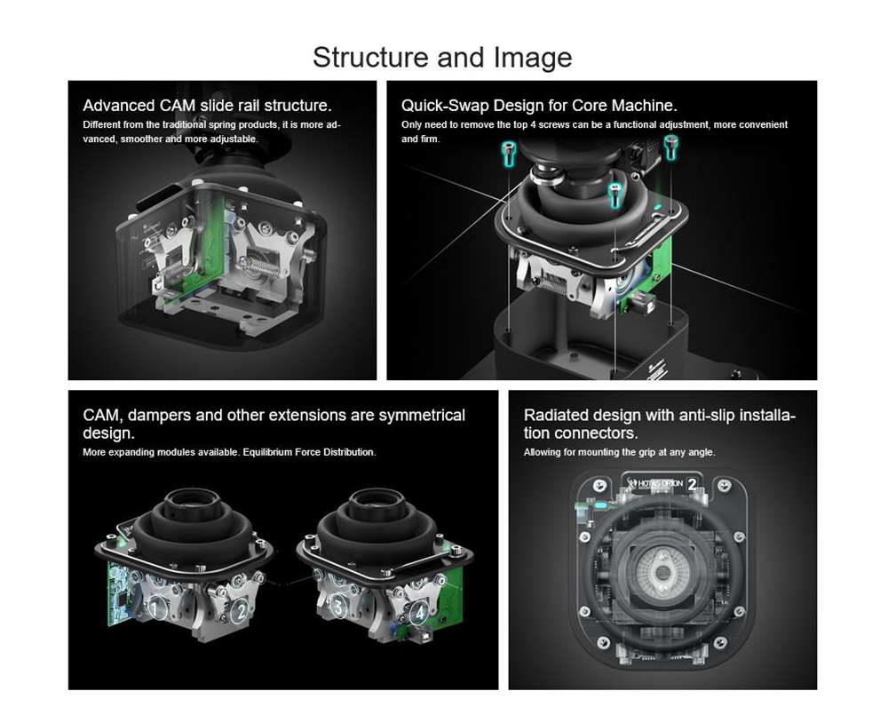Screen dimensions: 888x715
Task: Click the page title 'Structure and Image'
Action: [x=442, y=57]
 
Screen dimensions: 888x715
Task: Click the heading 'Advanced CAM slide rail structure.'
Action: [x=207, y=106]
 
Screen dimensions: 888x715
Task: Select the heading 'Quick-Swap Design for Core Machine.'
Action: [x=539, y=106]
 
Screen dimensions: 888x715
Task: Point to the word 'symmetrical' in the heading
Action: [x=422, y=416]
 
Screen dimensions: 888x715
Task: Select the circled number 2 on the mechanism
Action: [x=242, y=612]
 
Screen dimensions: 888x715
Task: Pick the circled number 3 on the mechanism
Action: [x=338, y=608]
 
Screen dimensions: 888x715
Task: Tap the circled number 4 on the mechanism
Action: [x=420, y=613]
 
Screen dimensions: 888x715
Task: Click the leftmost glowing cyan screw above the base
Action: [x=509, y=154]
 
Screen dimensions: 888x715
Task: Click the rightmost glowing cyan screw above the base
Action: [x=671, y=147]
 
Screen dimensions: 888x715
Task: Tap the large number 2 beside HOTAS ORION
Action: [x=692, y=484]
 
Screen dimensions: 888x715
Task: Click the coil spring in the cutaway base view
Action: [x=258, y=266]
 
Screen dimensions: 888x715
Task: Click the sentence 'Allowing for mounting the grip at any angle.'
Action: [x=619, y=452]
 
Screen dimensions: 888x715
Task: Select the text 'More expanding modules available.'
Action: [x=162, y=452]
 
